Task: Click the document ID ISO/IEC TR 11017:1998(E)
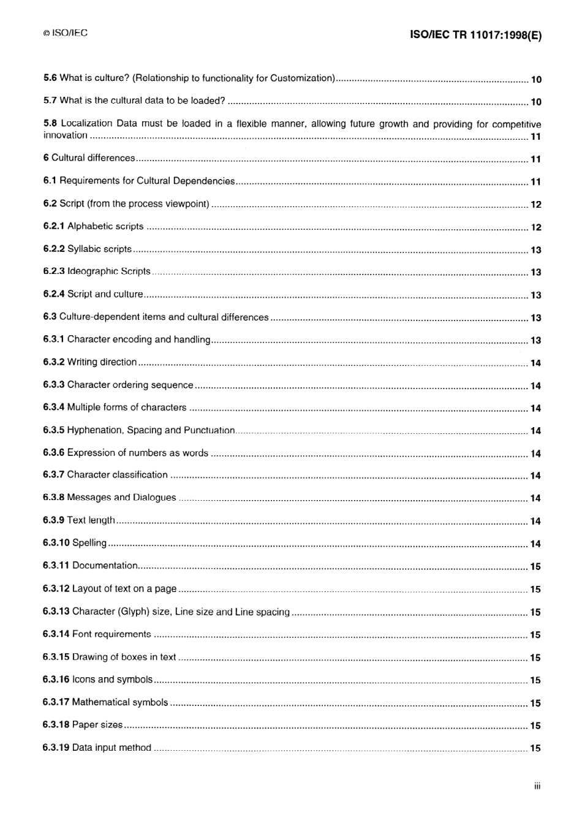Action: (x=475, y=35)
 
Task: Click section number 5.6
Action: (x=50, y=78)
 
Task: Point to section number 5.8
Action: (x=50, y=123)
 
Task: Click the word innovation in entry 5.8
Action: (x=65, y=135)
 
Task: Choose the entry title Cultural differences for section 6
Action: (x=93, y=158)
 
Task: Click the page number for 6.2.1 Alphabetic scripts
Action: (x=535, y=227)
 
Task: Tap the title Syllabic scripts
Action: (x=99, y=249)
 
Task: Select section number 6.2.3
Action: (x=54, y=271)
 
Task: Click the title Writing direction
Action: (x=102, y=362)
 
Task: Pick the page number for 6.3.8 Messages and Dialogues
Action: (x=535, y=499)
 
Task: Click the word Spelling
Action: (x=89, y=543)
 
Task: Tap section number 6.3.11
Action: (x=56, y=566)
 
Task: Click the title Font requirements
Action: (x=111, y=634)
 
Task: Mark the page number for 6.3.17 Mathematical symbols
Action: (x=535, y=703)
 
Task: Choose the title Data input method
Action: (x=111, y=748)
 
